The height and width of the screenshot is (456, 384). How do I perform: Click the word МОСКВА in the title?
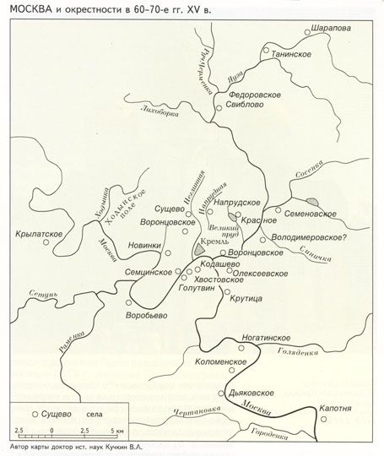click(34, 8)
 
